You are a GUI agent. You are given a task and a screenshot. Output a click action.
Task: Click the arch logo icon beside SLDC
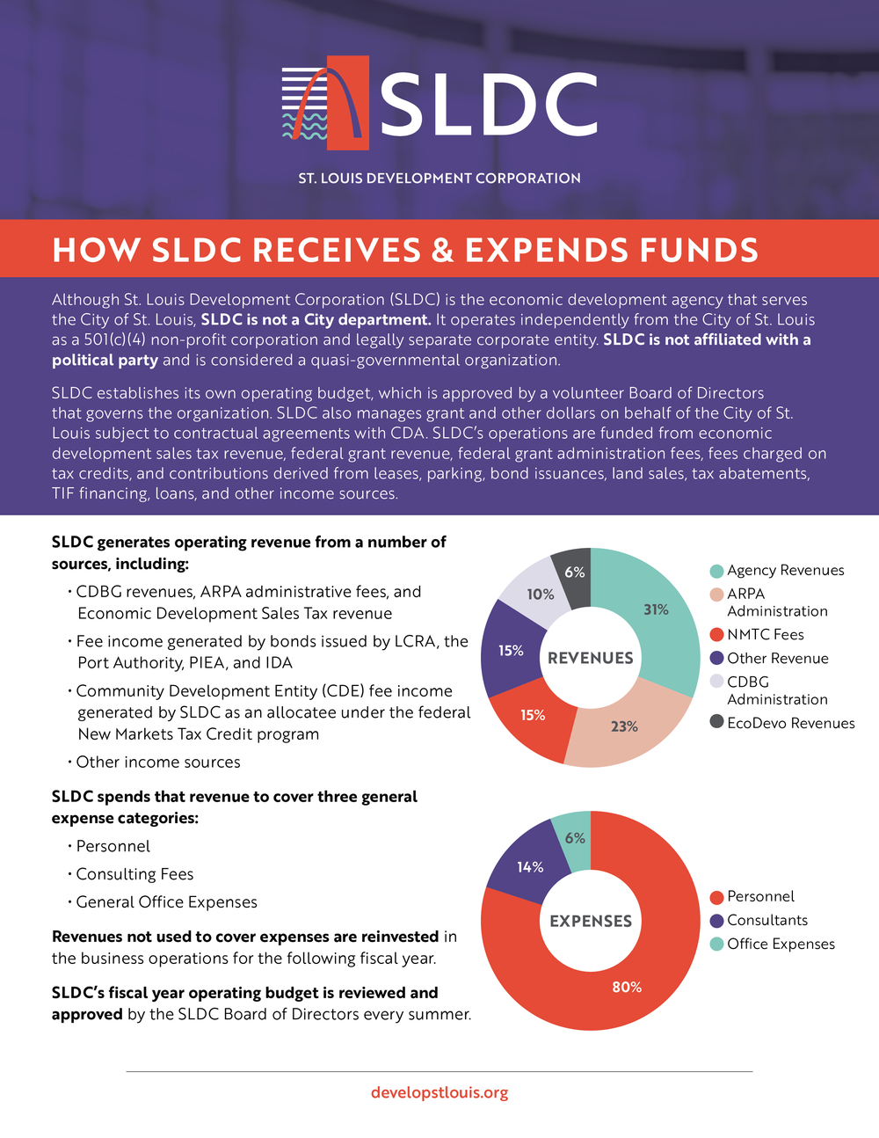point(324,102)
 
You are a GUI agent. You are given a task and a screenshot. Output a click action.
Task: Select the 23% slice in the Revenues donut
point(624,726)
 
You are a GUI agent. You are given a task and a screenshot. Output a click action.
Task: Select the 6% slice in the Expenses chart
point(575,838)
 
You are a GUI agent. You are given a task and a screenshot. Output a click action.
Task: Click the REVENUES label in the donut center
point(590,658)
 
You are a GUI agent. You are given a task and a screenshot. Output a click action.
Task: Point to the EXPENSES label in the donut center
point(590,921)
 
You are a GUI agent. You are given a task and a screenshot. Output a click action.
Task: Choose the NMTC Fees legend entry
point(765,635)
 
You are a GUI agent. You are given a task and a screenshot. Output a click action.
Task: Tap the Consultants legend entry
point(766,920)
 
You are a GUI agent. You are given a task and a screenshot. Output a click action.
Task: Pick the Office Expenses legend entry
point(781,944)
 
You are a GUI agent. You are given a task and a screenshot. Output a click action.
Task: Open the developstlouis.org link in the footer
point(439,1092)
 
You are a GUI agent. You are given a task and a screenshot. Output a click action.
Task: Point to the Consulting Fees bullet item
point(134,874)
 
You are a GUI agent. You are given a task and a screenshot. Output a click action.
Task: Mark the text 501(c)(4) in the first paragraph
point(108,339)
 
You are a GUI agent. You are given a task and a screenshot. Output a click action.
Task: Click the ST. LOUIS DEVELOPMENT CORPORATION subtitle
point(439,178)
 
